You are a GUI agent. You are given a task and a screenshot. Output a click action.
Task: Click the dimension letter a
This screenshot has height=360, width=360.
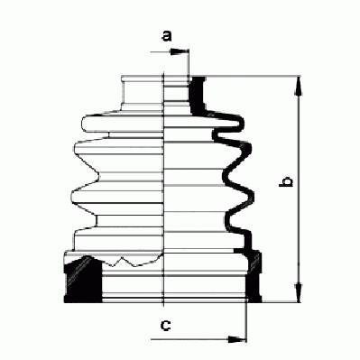[167, 36]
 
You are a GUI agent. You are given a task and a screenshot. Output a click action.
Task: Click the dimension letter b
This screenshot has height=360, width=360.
[286, 181]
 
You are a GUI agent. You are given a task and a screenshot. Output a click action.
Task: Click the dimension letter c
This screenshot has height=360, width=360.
[166, 325]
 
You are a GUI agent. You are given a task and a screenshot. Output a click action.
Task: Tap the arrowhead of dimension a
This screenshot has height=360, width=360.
[178, 51]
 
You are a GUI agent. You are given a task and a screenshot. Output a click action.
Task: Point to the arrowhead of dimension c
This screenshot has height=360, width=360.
[235, 339]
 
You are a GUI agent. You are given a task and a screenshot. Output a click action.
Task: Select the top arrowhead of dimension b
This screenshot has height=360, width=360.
[298, 87]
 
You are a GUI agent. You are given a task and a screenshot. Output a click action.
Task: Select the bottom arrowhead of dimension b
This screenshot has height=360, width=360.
[298, 292]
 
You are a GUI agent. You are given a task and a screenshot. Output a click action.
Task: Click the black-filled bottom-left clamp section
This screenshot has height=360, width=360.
[83, 279]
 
